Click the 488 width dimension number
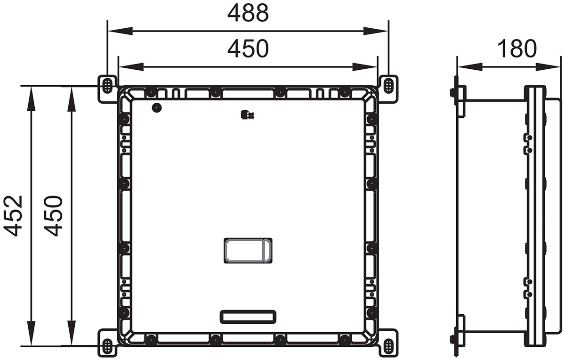tap(248, 14)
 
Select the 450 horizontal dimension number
tap(248, 49)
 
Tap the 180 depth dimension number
tap(517, 49)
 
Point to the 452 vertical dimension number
tap(13, 215)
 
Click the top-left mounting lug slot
tap(107, 85)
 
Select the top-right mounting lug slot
tap(388, 85)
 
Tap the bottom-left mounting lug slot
tap(107, 346)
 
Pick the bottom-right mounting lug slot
tap(388, 346)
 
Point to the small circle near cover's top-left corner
tap(156, 108)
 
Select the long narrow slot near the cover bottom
tap(248, 317)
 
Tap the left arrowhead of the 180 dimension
tap(464, 67)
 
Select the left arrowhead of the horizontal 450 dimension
tap(125, 67)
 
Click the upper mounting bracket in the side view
tap(460, 100)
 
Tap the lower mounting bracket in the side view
tap(460, 331)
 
